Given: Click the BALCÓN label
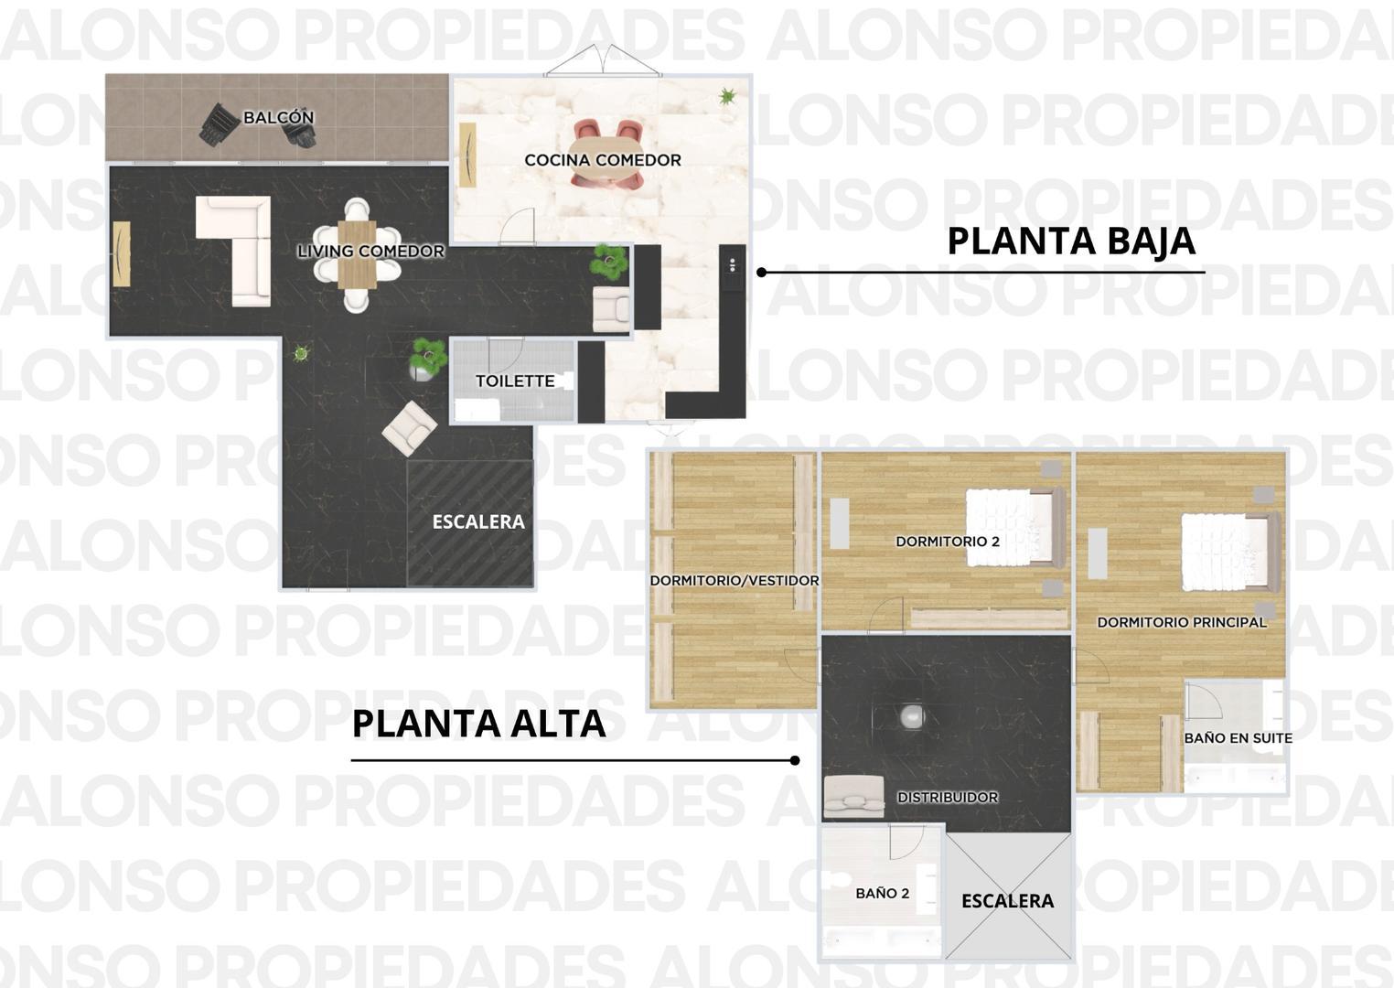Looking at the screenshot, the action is (x=278, y=117).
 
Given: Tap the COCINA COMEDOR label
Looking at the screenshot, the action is (x=603, y=160).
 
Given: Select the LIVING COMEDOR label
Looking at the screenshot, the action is (x=370, y=251).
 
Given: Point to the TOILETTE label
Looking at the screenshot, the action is (x=515, y=381).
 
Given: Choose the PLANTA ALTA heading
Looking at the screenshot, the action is (x=478, y=724).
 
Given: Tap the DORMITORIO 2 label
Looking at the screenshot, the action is (x=948, y=542).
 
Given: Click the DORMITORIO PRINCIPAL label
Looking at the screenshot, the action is (x=1181, y=622).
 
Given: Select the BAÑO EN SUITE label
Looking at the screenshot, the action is (x=1238, y=737).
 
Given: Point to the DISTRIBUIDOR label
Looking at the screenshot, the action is (x=948, y=797).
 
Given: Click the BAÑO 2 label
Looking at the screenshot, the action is (x=882, y=894).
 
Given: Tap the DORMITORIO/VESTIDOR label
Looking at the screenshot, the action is (x=735, y=580).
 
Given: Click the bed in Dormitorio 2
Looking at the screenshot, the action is (x=1015, y=527).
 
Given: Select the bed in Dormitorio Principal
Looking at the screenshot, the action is (x=1230, y=552).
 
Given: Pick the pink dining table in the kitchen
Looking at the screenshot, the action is (x=606, y=155).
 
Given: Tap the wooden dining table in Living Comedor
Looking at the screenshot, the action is (x=357, y=254).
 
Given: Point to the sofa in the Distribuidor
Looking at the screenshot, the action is (x=853, y=796).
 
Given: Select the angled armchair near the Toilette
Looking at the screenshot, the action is (x=410, y=428).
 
